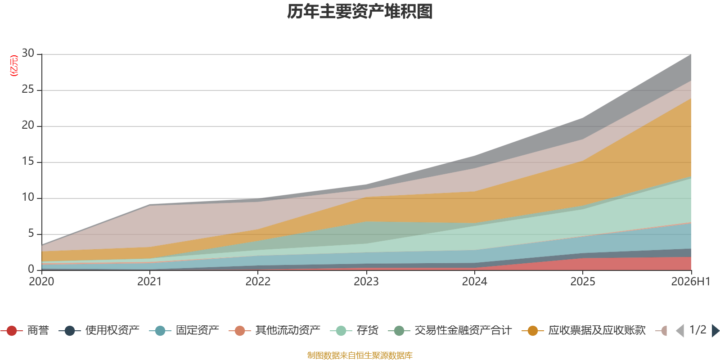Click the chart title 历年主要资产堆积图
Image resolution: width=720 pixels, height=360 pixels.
coord(360,12)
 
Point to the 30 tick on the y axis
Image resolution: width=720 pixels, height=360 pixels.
coord(28,53)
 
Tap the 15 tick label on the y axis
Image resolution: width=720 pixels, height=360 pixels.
coord(28,161)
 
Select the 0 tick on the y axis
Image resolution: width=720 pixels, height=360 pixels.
coord(31,269)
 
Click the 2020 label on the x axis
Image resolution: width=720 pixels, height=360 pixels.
coord(41,282)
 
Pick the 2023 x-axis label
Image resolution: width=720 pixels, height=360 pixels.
coord(366,282)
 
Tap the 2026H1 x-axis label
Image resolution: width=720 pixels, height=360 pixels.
coord(691,282)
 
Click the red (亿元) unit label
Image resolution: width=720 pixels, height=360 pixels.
coord(14,66)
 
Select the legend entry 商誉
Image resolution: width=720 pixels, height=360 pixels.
coord(25,330)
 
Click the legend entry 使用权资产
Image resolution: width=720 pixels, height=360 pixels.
coord(99,330)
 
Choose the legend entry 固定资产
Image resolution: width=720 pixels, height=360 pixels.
coord(184,330)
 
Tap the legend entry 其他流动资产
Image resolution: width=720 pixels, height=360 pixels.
coord(274,330)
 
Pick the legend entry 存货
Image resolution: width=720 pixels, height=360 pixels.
coord(354,330)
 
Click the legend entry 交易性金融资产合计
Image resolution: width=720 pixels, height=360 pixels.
coord(450,330)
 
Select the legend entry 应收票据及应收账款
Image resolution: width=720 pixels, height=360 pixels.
coord(584,330)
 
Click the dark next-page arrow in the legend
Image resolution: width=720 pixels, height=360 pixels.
coord(715,330)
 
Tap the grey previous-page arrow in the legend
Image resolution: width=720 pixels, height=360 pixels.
coord(680,330)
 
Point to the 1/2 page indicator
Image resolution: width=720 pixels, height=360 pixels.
coord(698,330)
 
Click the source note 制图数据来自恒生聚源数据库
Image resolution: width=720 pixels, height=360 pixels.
coord(360,355)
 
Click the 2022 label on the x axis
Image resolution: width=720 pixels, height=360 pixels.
coord(258,282)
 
